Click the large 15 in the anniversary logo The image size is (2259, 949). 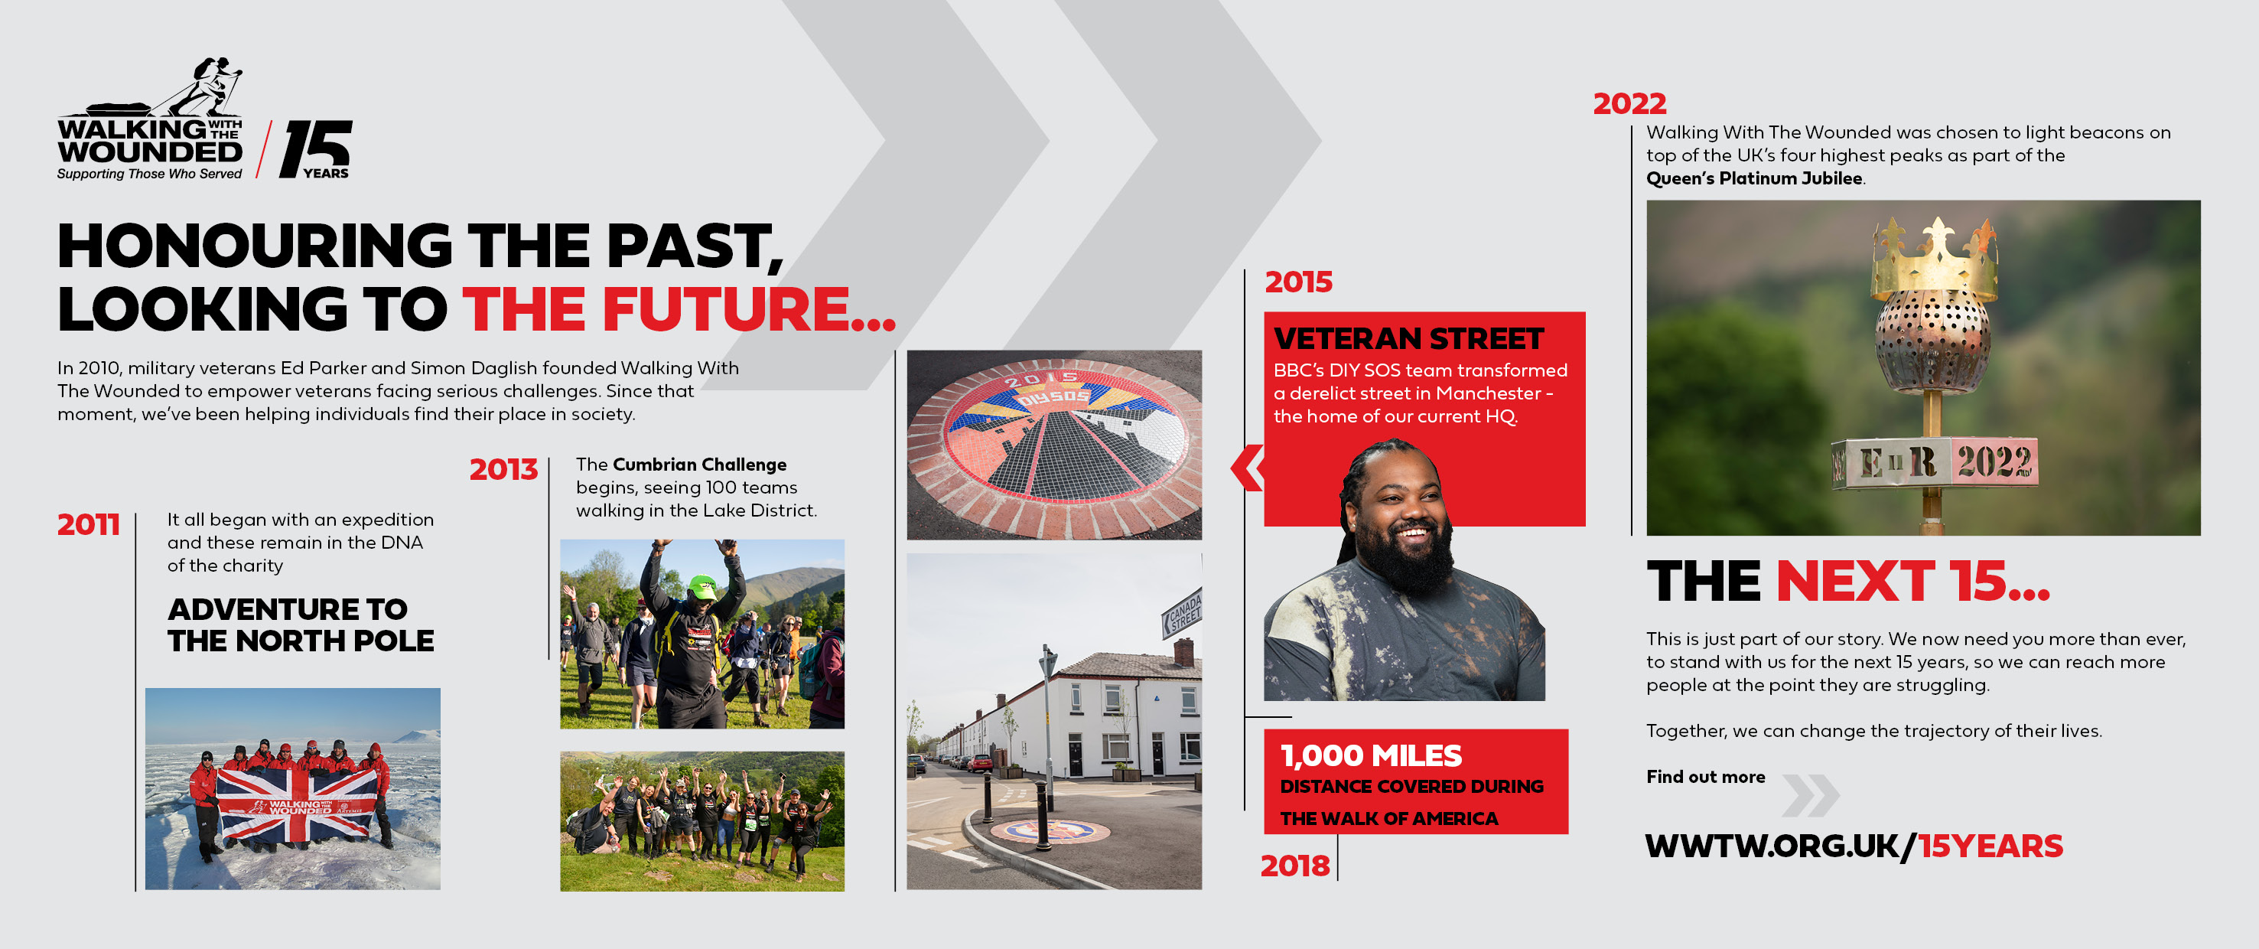point(316,148)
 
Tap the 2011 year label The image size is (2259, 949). point(89,524)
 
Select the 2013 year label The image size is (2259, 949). point(503,469)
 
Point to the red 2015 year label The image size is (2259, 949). point(1299,282)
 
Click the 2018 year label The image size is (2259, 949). point(1295,866)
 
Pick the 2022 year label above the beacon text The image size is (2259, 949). point(1629,103)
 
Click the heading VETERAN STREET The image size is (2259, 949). point(1408,338)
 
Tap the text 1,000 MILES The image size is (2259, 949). point(1371,755)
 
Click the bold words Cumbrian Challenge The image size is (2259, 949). point(699,464)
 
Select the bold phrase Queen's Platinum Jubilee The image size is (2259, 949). point(1754,178)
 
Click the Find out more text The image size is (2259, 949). point(1706,776)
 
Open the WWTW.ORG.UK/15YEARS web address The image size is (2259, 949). point(1854,846)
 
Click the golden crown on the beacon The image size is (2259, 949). point(1935,259)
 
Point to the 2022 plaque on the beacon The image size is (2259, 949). point(1994,461)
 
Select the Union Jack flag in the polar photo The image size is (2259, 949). point(296,805)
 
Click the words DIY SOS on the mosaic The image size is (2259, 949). point(1053,396)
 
